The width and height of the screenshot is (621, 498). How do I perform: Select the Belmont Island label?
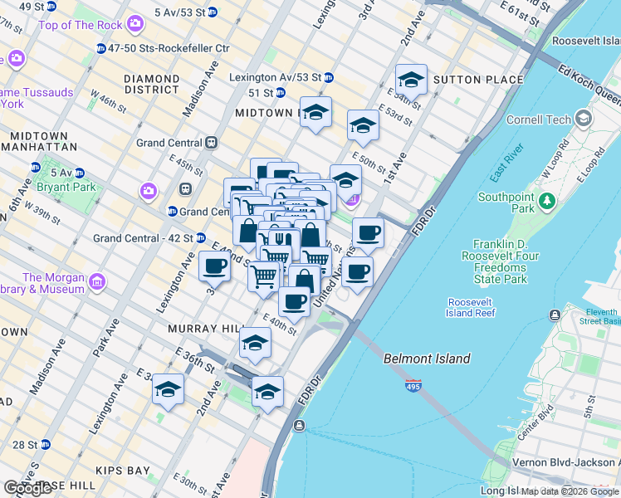[x=427, y=359]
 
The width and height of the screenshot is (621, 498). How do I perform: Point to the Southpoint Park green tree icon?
[x=546, y=201]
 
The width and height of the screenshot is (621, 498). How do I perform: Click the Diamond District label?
[x=151, y=84]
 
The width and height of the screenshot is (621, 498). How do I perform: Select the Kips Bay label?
[x=123, y=471]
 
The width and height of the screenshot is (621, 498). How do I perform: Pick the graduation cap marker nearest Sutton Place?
[x=411, y=80]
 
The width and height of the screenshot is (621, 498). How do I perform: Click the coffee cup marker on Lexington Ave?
[x=215, y=266]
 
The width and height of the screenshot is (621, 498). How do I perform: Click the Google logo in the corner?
[x=27, y=488]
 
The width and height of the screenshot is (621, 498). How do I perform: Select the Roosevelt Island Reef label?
[x=471, y=307]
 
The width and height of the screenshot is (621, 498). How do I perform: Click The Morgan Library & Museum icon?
[x=98, y=283]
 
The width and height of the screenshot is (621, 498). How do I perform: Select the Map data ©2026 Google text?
[x=570, y=491]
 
